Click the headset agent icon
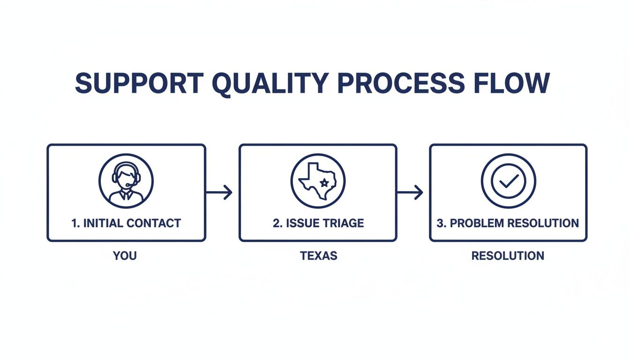(126, 181)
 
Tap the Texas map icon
(318, 181)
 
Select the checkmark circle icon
(509, 181)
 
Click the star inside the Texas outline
(324, 182)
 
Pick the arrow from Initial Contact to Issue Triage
(219, 192)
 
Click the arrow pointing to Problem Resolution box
(410, 192)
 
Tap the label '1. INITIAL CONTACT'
(126, 223)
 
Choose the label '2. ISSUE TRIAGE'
(318, 223)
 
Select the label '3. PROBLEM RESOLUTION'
(508, 223)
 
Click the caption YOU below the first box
(125, 256)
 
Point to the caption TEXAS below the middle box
(318, 256)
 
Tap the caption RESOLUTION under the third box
(508, 256)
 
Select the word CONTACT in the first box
(154, 223)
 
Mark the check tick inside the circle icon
(509, 181)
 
